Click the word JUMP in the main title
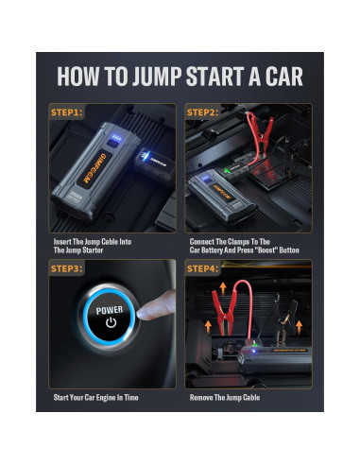157,77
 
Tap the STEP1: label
67,112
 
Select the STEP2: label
202,112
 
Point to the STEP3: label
67,268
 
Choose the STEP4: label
202,268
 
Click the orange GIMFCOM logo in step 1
94,167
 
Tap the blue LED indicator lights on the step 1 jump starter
115,138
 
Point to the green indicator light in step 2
226,171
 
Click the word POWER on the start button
110,310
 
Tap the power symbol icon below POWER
111,322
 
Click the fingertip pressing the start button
146,312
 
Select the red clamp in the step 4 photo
225,312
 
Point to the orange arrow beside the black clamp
299,328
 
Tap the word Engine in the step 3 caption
106,398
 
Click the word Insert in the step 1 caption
62,242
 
